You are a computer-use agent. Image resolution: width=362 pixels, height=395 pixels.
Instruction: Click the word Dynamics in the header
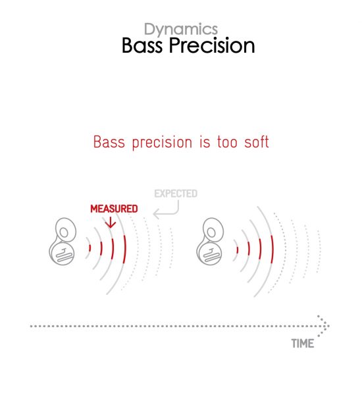[181, 30]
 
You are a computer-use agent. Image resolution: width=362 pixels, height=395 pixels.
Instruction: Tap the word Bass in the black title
[142, 45]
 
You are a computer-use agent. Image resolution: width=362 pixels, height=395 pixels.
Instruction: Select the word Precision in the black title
[212, 45]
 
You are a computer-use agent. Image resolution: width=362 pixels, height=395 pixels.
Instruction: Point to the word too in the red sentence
[227, 142]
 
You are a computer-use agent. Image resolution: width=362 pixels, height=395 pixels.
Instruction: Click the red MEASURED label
[114, 209]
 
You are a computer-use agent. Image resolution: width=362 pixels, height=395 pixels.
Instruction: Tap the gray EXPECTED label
[176, 194]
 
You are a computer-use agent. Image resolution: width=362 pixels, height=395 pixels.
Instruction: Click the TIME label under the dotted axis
[303, 344]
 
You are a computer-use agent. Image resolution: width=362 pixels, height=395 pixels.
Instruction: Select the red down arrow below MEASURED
[111, 223]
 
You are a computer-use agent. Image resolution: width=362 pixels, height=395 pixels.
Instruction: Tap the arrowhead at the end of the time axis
[323, 326]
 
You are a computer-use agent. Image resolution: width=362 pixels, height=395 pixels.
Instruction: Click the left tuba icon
[63, 242]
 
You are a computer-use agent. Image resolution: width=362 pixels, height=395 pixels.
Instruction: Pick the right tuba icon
[210, 242]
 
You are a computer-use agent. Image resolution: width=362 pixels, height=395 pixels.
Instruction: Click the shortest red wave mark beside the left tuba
[90, 248]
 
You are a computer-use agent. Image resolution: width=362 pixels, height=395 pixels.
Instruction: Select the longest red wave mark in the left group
[124, 250]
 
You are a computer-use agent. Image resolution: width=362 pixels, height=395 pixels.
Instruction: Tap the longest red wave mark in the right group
[272, 250]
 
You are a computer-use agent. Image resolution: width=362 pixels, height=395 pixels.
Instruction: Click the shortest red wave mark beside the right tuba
[238, 250]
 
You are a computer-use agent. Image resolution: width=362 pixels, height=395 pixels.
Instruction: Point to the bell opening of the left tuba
[64, 232]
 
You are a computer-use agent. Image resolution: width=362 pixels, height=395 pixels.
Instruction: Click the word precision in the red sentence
[162, 142]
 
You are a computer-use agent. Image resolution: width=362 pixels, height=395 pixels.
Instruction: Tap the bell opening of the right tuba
[212, 232]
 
